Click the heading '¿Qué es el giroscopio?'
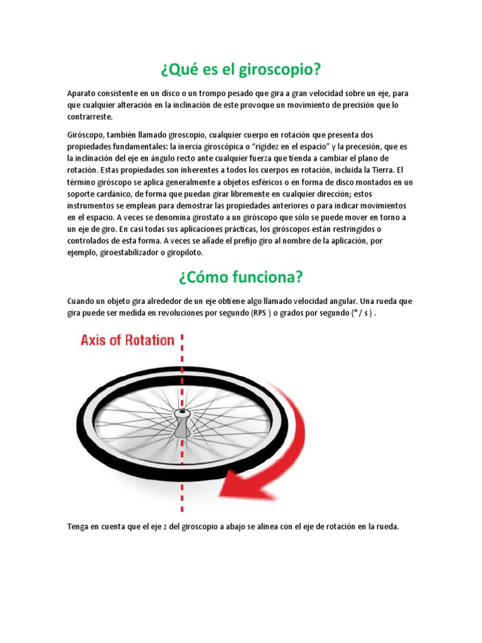pos(241,68)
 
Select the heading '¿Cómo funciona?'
pos(241,277)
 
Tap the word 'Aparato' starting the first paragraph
pos(82,94)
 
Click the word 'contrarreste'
pos(90,117)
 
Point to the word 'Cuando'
pos(81,301)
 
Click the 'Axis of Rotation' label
pos(127,340)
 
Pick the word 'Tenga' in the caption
pos(79,527)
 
